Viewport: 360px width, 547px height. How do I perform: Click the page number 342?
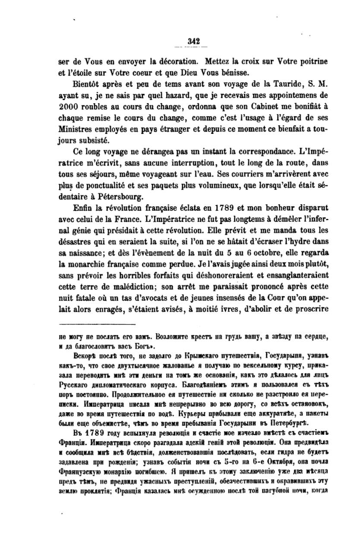pyautogui.click(x=193, y=41)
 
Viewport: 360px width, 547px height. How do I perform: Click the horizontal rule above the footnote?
pyautogui.click(x=97, y=325)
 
